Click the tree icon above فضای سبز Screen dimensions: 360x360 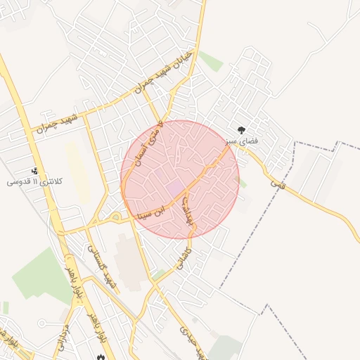coord(241,130)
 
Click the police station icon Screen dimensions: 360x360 coord(35,171)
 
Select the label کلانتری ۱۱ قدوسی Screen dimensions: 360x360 coord(35,181)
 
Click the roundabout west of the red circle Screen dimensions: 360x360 coord(115,217)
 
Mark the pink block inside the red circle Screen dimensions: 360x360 coord(174,188)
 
